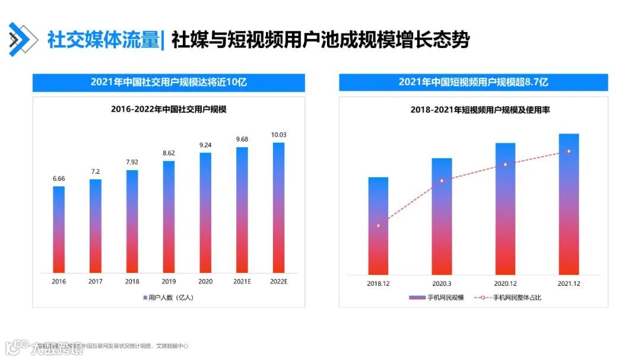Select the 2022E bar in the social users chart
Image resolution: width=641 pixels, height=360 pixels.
point(278,207)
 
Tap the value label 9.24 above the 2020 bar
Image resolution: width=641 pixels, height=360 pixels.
point(205,145)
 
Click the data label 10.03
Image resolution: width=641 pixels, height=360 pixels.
point(278,135)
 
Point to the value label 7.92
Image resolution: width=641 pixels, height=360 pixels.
point(132,162)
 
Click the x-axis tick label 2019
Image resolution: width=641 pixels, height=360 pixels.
point(169,282)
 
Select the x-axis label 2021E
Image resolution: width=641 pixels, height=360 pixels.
point(242,282)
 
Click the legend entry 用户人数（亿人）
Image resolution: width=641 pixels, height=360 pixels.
point(169,297)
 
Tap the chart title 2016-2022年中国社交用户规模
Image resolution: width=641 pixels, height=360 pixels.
point(169,109)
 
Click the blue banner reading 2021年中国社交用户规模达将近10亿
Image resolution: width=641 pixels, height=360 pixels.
point(169,82)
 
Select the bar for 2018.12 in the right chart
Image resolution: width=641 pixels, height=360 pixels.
point(378,225)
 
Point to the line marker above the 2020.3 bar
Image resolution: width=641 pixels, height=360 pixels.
point(442,180)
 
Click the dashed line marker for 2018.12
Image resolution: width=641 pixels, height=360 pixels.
point(378,225)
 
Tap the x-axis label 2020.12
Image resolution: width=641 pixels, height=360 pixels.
point(505,283)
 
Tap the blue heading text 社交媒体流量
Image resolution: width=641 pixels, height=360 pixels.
point(102,40)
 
